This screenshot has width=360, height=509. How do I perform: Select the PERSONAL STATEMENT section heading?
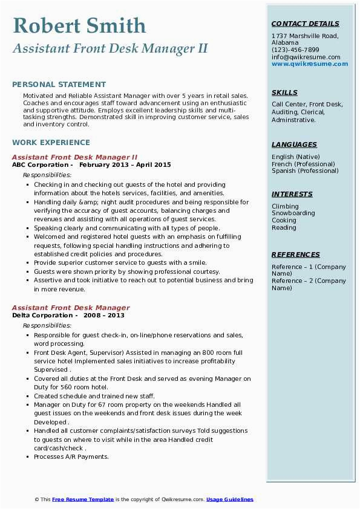(59, 85)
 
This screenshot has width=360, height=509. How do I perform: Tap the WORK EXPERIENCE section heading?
(51, 143)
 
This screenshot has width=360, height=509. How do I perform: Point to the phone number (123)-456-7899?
(295, 50)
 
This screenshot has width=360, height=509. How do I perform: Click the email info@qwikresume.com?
(306, 57)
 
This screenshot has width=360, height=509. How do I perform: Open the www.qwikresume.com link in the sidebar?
(306, 64)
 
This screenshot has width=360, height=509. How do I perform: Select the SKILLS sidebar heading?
(284, 92)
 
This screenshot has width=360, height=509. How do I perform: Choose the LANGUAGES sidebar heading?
(294, 144)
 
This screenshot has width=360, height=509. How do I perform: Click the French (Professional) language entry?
(303, 164)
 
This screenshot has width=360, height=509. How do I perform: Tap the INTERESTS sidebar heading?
(292, 194)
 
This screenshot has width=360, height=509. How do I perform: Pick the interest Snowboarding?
(293, 213)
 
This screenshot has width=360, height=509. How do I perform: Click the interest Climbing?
(285, 206)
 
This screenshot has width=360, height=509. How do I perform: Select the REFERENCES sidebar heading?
(295, 254)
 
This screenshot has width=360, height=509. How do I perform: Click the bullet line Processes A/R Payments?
(71, 456)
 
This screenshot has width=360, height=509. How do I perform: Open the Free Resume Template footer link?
(83, 499)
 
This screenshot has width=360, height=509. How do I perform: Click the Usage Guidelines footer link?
(230, 499)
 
